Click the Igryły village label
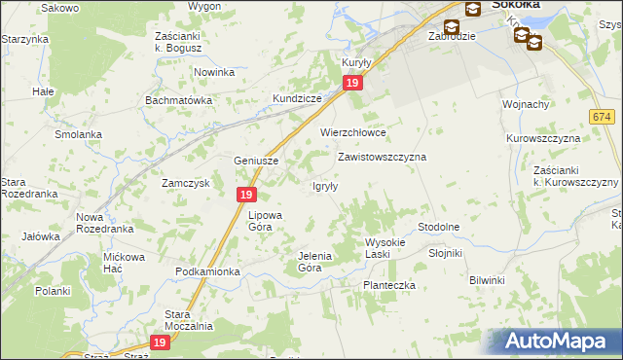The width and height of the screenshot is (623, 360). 324,186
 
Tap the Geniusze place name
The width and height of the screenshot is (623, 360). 257,162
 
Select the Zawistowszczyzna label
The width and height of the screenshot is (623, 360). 383,156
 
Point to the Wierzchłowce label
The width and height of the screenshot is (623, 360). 354,133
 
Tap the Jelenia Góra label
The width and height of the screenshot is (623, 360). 314,261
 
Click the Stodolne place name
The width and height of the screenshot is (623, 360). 438,227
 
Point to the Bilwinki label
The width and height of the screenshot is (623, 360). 487,280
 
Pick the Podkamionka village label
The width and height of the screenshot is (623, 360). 207,271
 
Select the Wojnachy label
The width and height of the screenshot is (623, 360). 527,104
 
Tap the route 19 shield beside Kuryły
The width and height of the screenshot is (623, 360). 353,85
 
